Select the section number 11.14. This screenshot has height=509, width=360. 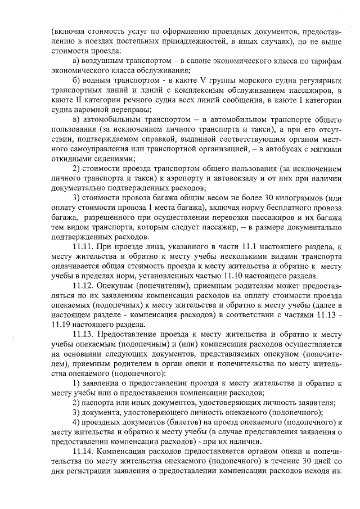84,452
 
